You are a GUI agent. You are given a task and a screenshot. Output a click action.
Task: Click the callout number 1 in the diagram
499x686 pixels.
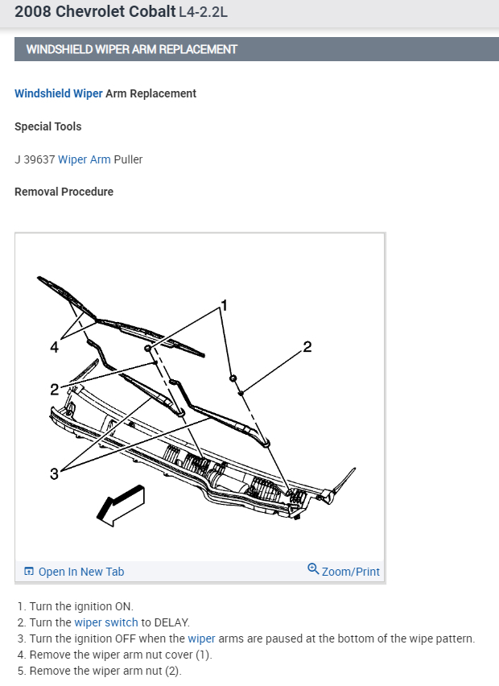tap(225, 305)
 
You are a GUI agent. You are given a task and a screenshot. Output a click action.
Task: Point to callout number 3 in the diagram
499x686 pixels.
tap(54, 473)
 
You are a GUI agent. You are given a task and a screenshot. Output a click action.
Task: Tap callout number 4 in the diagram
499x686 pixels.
tap(54, 347)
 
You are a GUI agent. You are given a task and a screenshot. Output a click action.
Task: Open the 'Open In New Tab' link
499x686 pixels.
tap(80, 572)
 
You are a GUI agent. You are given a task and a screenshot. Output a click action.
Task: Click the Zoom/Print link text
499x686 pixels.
tap(350, 572)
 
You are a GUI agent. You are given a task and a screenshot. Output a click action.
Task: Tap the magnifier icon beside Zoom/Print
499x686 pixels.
tap(313, 569)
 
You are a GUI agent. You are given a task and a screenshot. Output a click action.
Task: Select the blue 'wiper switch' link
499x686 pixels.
tap(106, 622)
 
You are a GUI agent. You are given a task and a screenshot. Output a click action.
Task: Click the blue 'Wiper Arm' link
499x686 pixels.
tap(85, 159)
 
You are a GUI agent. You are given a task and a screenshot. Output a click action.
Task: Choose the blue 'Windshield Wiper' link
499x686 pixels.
tap(59, 93)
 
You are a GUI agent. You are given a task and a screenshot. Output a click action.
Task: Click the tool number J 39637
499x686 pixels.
tap(35, 159)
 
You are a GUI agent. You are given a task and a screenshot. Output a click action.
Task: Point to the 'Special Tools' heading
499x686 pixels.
tap(48, 126)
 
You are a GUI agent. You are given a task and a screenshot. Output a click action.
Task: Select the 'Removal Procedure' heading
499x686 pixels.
tap(64, 192)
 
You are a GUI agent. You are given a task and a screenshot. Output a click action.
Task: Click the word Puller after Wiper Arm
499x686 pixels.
tap(128, 159)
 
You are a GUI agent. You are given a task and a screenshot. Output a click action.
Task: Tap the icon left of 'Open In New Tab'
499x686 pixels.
tap(29, 572)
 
